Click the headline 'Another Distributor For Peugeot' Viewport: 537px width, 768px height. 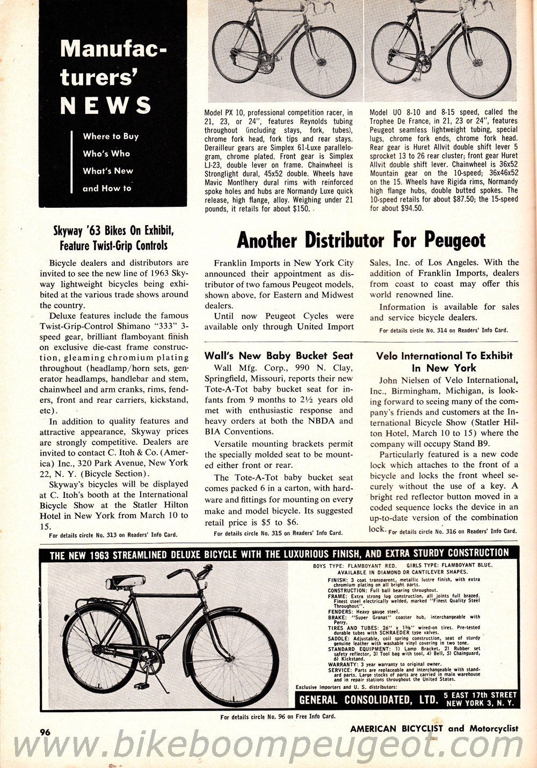click(x=361, y=240)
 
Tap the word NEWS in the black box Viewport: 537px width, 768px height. click(x=106, y=105)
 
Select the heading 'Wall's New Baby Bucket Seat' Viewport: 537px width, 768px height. click(x=279, y=356)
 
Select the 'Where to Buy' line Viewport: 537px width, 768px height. click(x=111, y=136)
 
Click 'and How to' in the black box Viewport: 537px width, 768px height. click(x=107, y=189)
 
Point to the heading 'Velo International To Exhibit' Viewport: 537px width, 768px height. click(x=444, y=356)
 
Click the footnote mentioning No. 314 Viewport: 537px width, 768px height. click(x=443, y=330)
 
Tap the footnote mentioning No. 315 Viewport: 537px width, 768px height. click(x=278, y=533)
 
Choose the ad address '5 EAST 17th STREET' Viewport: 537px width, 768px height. click(x=481, y=695)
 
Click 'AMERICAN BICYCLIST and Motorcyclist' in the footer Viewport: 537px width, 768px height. click(x=434, y=729)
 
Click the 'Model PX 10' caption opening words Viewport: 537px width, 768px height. click(x=224, y=113)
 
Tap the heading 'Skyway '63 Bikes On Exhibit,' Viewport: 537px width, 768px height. click(x=113, y=231)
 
